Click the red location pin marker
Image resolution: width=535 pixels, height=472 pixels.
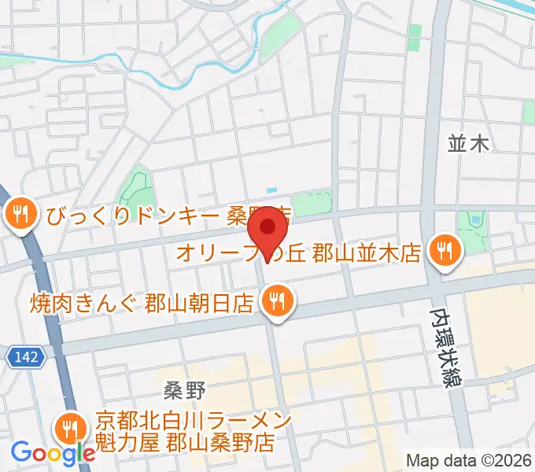267,229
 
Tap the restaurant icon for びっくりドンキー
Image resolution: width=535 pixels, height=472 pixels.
17,213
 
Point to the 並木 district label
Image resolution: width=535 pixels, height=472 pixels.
468,142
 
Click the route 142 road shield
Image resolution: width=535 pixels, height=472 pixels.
24,358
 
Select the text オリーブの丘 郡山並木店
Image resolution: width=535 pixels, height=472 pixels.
299,253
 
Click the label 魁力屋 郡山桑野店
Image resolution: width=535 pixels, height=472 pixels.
185,441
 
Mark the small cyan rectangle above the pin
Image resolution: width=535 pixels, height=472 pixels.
272,190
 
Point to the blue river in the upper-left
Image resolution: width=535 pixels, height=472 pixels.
157,63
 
